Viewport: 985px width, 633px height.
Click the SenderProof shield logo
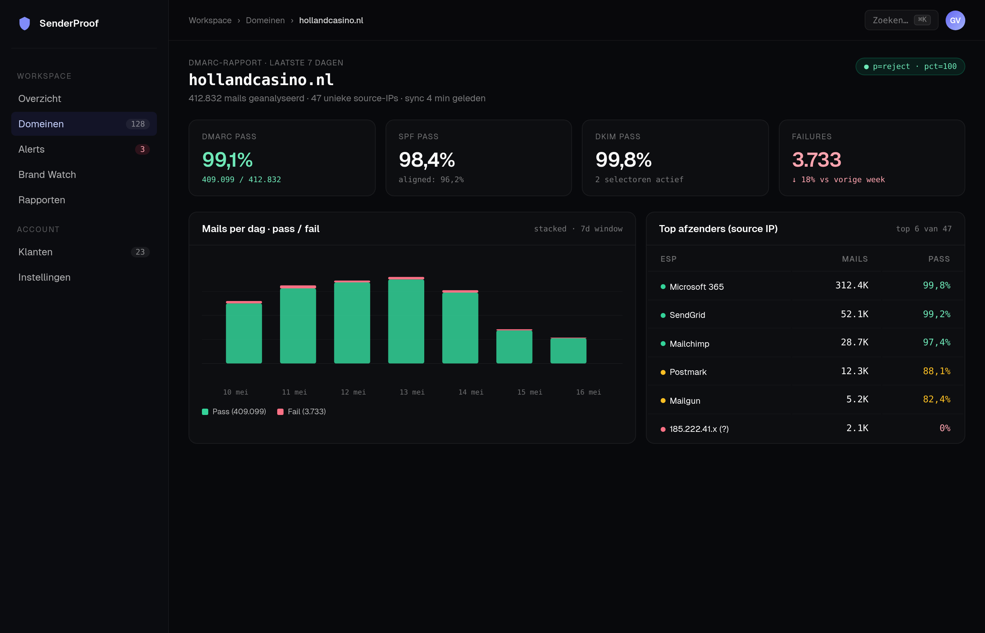[x=25, y=24]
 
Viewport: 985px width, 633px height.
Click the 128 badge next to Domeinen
[x=138, y=124]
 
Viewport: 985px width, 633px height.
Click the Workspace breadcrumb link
[x=210, y=20]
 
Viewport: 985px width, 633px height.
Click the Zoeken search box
[x=901, y=20]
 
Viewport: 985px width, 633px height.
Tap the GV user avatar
[x=955, y=20]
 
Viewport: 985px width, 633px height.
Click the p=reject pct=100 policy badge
[x=910, y=66]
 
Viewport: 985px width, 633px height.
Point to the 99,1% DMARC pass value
[x=227, y=160]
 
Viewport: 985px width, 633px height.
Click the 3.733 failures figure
[x=816, y=160]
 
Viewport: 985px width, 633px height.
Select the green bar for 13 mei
[x=406, y=321]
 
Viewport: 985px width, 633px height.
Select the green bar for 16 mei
[x=568, y=351]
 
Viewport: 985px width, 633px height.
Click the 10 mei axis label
[x=236, y=392]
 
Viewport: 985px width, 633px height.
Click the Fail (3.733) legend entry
[x=302, y=412]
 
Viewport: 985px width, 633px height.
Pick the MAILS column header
[x=855, y=259]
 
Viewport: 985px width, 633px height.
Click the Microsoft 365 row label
[x=697, y=287]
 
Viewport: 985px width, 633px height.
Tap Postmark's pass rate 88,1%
[x=936, y=371]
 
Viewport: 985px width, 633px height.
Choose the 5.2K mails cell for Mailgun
[x=857, y=399]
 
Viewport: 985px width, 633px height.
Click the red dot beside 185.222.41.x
[x=663, y=429]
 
